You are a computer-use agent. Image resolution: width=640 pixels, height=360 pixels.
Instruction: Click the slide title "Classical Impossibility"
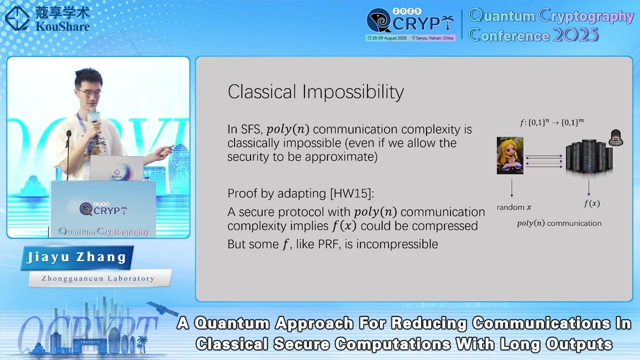pos(315,92)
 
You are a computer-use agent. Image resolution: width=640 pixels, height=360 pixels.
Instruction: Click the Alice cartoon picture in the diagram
pos(509,155)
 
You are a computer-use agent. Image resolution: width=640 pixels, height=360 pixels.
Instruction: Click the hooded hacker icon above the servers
pos(616,137)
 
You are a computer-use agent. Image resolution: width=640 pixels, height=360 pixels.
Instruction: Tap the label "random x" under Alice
pos(514,207)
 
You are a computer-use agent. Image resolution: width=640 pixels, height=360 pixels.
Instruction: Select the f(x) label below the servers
pos(591,203)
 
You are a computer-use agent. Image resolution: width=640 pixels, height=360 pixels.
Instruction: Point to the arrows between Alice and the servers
pos(544,161)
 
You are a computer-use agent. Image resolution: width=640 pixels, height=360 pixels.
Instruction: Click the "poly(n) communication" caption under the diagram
pos(559,223)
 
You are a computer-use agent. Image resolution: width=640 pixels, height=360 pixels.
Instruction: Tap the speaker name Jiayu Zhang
pos(76,257)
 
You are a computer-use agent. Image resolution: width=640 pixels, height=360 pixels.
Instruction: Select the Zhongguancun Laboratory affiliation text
pos(98,278)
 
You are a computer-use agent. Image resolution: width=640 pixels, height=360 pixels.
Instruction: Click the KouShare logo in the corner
pos(47,18)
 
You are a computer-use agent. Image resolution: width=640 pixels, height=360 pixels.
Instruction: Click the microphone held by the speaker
pos(92,116)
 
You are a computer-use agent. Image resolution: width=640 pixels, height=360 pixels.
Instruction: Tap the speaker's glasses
pos(88,91)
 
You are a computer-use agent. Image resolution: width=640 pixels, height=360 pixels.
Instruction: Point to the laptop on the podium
pos(116,168)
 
